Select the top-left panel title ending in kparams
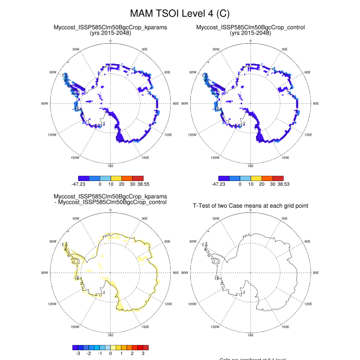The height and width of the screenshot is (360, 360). (111, 27)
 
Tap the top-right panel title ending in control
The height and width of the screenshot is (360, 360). (250, 27)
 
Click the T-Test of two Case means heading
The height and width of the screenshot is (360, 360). (250, 206)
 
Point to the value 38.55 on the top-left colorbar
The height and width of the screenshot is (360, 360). (142, 183)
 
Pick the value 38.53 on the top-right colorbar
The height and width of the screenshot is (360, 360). (283, 183)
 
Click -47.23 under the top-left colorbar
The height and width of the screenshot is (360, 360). (79, 183)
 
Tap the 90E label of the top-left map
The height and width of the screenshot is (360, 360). (176, 103)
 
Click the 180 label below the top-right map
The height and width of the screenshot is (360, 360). (250, 166)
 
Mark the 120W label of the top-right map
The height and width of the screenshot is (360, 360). (192, 135)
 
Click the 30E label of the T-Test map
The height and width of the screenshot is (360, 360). (284, 219)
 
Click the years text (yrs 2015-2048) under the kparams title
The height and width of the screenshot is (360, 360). (111, 32)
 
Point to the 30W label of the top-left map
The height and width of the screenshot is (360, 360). (76, 49)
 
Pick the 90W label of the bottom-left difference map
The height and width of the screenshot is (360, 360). (45, 272)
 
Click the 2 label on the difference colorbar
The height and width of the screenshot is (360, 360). (132, 354)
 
